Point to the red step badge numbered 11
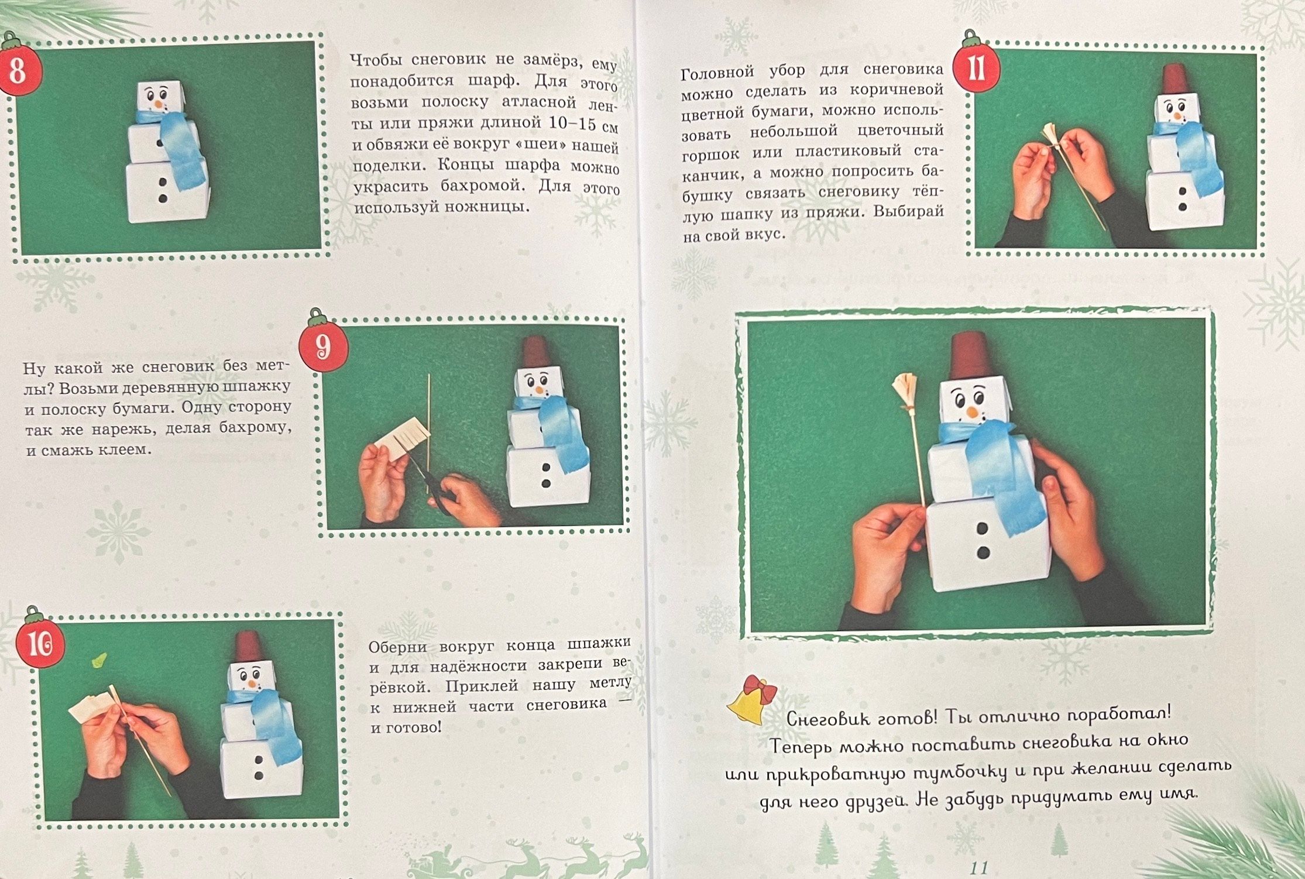976,68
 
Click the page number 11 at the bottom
978,867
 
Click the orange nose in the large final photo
971,411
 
